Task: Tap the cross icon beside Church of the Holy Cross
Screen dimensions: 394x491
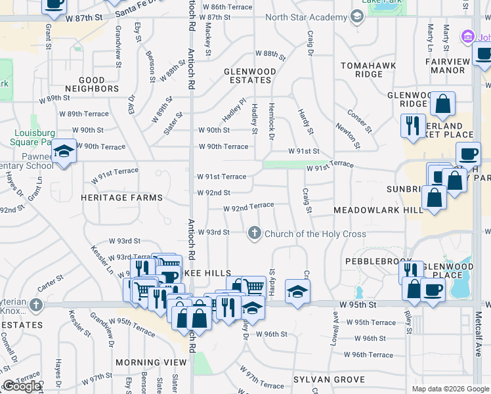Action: click(x=254, y=233)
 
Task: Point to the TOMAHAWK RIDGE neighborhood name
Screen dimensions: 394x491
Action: click(x=370, y=70)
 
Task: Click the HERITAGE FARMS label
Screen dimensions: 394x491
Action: click(x=121, y=198)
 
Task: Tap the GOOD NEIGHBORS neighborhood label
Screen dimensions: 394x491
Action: click(x=92, y=83)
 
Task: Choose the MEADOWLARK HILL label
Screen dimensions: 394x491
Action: click(x=379, y=209)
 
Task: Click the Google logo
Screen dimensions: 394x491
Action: click(x=22, y=386)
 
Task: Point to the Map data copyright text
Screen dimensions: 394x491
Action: click(x=450, y=389)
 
